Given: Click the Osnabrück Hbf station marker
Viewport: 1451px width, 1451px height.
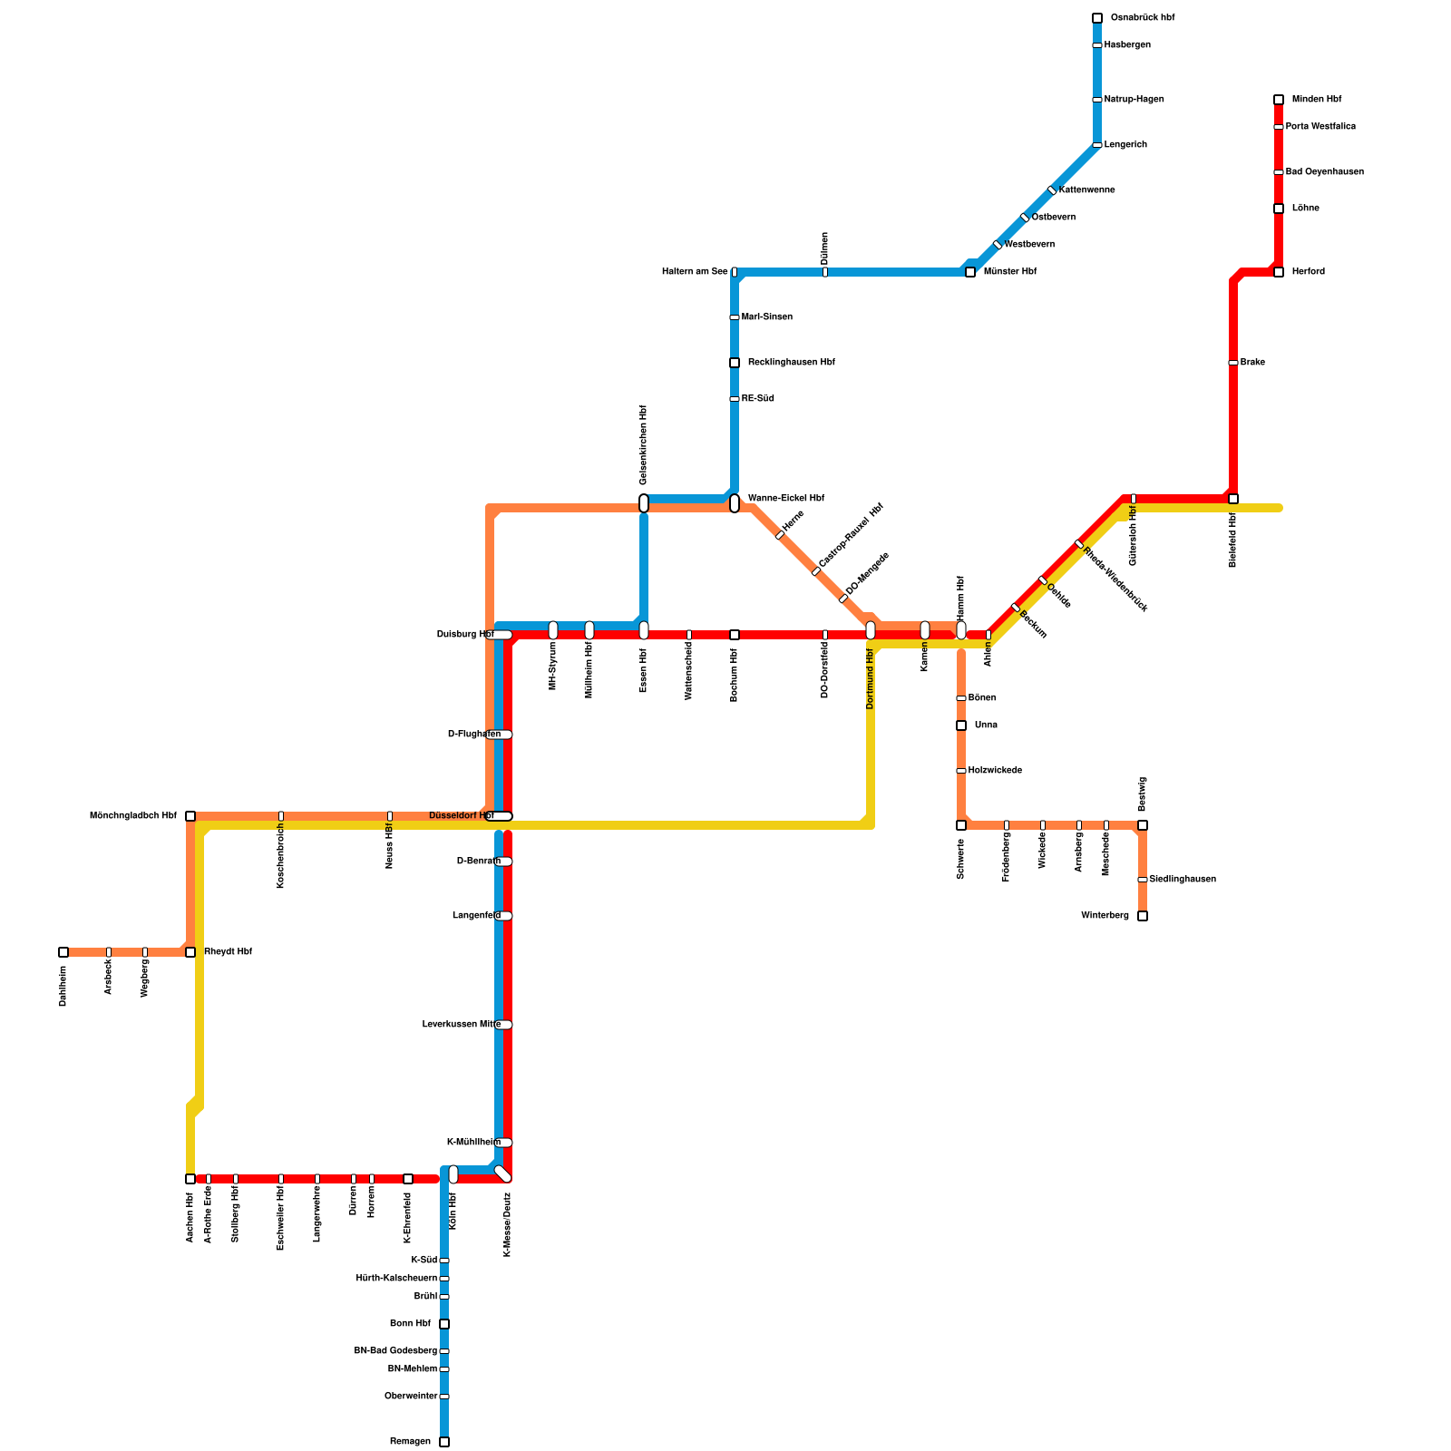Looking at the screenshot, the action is point(1097,18).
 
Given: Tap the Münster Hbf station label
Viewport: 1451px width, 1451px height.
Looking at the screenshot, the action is point(1009,272).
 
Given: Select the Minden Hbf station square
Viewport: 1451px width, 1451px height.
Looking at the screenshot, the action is point(1279,100).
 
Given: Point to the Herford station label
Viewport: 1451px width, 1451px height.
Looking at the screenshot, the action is point(1308,272).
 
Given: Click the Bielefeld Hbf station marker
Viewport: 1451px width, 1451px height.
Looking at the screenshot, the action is point(1233,499).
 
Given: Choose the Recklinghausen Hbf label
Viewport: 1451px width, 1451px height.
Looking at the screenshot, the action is point(791,363).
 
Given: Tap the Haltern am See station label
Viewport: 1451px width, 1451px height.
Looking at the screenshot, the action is point(695,272).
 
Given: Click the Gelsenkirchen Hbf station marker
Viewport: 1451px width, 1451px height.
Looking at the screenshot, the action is point(644,503).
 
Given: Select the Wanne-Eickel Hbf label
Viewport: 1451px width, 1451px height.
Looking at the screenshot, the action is point(785,499).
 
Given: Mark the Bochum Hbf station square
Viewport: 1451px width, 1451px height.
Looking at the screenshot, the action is point(735,635).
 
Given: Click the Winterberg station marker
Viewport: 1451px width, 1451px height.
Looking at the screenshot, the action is point(1143,916).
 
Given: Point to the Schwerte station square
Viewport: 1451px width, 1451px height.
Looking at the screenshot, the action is point(961,825).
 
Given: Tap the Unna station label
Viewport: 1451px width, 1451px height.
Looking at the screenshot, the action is point(986,725).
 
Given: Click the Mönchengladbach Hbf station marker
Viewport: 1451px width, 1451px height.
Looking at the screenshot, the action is point(190,816).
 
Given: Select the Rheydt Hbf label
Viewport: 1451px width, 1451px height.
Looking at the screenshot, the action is point(228,952).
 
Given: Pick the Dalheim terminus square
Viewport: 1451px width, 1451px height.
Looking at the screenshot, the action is point(63,952).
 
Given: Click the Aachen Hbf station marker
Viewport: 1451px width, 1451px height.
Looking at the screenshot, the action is point(190,1179).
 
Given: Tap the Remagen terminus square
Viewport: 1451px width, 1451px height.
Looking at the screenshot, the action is point(444,1442).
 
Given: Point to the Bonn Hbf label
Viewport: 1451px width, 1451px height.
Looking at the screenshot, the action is point(410,1324).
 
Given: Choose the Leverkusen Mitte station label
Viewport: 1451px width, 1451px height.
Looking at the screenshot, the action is point(461,1025).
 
